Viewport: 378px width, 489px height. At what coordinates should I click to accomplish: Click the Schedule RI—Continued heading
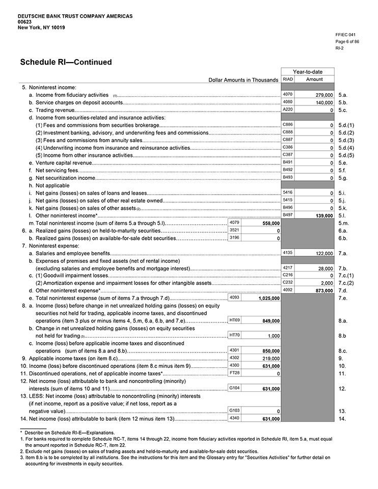click(x=66, y=63)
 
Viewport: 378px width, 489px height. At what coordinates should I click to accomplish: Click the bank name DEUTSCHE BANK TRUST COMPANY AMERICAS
click(x=75, y=16)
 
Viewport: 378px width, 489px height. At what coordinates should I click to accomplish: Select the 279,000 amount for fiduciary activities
click(x=321, y=95)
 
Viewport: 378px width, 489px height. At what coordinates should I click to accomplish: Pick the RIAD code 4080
click(x=287, y=102)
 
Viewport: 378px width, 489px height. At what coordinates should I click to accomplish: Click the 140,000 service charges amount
click(x=321, y=102)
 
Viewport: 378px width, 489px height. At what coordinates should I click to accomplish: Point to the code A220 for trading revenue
click(x=287, y=110)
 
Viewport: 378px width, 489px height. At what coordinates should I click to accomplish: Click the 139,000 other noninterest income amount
click(x=321, y=216)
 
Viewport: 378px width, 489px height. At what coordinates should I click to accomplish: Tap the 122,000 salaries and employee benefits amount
click(x=321, y=253)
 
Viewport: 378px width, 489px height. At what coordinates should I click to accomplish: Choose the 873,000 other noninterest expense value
click(x=321, y=290)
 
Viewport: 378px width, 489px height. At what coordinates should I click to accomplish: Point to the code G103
click(x=235, y=410)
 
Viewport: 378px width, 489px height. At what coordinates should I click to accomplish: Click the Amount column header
click(x=314, y=79)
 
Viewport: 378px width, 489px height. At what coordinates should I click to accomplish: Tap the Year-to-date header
click(x=307, y=72)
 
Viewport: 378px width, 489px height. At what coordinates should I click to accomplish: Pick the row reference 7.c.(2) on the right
click(x=346, y=283)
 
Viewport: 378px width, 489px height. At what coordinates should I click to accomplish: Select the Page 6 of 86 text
click(x=347, y=41)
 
